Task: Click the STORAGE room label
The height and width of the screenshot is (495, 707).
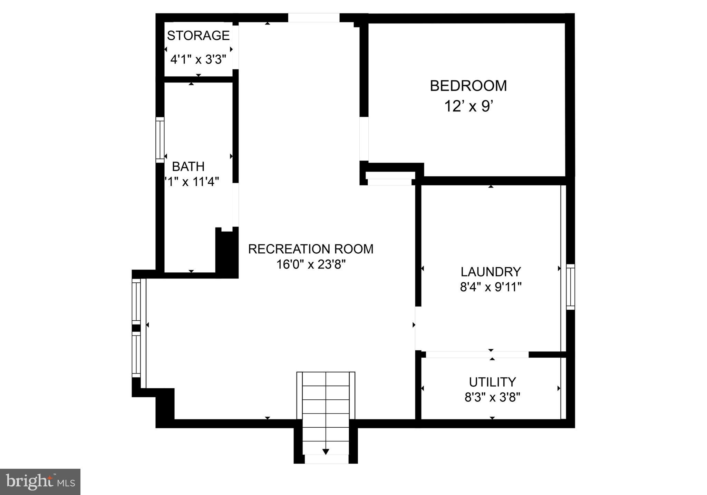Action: (x=198, y=36)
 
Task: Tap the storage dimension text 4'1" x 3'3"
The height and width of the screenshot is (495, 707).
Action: (x=198, y=60)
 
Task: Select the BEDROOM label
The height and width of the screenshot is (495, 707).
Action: (x=468, y=86)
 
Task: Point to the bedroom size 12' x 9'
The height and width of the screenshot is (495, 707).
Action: (x=468, y=106)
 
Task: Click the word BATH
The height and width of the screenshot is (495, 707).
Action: (x=188, y=166)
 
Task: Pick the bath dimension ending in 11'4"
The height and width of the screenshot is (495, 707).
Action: (x=192, y=182)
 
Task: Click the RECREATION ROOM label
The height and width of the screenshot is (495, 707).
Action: (x=311, y=249)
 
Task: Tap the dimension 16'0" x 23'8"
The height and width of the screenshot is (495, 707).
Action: (x=311, y=264)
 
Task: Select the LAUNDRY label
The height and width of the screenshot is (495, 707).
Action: (x=491, y=272)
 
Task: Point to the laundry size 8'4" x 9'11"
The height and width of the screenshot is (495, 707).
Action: (x=491, y=287)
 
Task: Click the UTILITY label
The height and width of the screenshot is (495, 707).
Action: (x=492, y=382)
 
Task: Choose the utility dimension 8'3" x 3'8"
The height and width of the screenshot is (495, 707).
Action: (x=492, y=398)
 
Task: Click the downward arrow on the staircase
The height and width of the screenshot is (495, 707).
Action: (x=326, y=452)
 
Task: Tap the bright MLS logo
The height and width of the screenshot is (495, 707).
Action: (x=40, y=482)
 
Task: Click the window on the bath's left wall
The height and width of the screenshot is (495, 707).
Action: (x=160, y=140)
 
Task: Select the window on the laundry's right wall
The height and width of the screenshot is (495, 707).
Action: (x=570, y=287)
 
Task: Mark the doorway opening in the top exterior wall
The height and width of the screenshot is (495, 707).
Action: (x=314, y=18)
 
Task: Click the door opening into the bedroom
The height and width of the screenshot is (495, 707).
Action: (x=364, y=139)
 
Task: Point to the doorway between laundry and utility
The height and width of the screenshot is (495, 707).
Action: (x=477, y=355)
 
